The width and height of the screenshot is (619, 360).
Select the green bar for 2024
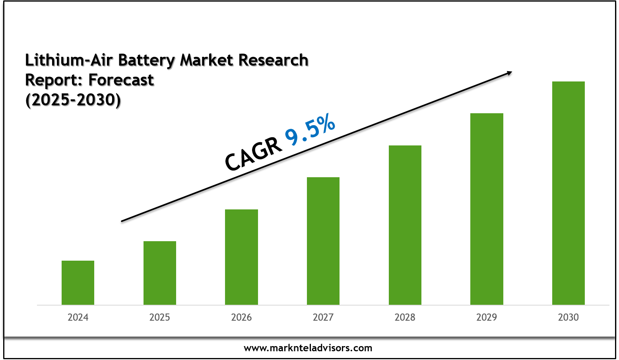78,283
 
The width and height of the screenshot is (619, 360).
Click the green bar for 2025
160,273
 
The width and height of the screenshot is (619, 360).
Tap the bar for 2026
241,257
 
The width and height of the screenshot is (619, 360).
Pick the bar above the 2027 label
323,241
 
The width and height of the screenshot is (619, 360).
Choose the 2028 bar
405,225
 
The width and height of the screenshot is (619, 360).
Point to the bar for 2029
487,209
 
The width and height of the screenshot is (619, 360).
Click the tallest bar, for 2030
569,193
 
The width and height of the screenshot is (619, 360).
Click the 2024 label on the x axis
78,317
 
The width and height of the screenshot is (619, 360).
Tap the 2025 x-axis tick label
160,317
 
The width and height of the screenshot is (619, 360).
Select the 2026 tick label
241,317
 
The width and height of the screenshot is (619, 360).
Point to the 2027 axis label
323,317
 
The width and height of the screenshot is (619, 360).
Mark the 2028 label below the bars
405,317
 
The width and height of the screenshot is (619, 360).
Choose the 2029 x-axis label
487,317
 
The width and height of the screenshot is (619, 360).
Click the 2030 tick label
569,317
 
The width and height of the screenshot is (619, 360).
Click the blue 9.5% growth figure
310,130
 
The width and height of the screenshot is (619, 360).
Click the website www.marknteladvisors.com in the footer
308,348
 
